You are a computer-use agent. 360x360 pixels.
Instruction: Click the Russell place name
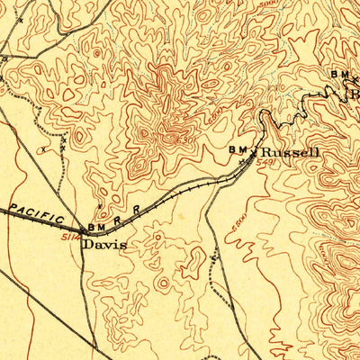click(x=289, y=153)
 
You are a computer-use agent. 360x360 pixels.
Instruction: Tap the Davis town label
click(x=104, y=243)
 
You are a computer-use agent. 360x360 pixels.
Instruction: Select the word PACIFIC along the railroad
click(x=37, y=214)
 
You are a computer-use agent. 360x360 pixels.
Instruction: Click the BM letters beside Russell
click(x=238, y=149)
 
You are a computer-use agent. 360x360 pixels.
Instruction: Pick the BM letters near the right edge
click(x=339, y=74)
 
